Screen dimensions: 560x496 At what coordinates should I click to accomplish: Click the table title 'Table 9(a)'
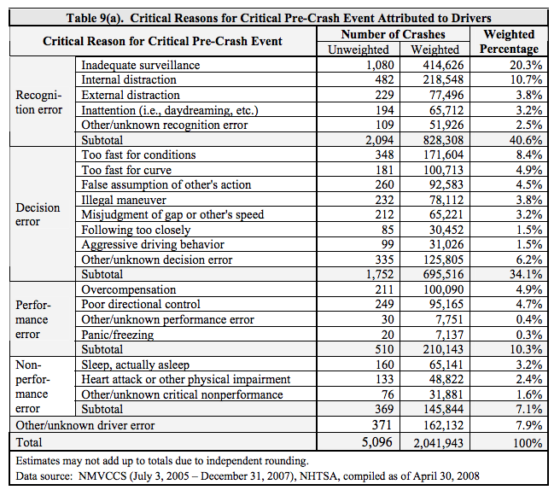95,18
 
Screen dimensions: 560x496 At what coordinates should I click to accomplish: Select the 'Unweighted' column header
359,50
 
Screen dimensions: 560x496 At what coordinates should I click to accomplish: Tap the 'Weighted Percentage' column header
509,42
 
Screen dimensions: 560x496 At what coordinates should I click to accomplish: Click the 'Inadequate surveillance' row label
141,66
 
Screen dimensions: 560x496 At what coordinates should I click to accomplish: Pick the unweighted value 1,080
380,65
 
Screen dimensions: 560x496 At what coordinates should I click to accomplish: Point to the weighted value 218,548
443,79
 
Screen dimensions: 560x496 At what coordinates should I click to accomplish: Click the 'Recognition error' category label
38,102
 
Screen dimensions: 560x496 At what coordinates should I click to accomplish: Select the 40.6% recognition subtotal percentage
525,140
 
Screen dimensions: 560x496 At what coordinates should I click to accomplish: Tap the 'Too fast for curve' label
126,170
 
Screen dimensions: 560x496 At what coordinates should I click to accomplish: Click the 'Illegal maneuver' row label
124,201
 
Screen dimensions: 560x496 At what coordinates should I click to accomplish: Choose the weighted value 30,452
446,230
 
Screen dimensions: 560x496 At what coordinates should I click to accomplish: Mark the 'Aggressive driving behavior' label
153,245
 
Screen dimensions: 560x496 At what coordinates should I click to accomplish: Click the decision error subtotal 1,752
380,274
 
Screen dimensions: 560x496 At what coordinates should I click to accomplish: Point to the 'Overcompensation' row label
129,289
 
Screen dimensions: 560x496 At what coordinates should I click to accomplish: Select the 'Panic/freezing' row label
118,335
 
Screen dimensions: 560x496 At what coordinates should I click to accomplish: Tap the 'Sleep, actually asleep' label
136,365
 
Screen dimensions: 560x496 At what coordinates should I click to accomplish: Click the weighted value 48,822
446,379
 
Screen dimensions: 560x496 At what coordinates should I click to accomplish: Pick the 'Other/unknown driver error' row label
85,425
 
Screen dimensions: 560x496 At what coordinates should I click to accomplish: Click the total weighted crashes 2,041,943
438,443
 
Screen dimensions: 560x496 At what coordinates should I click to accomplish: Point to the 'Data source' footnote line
248,476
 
